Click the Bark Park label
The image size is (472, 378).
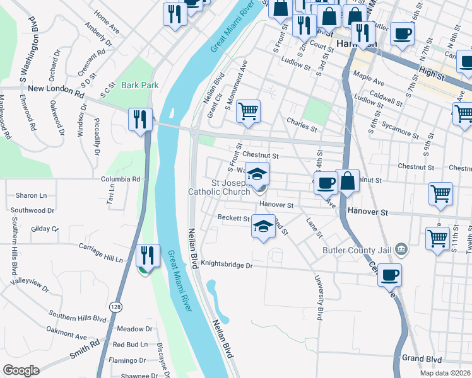pos(140,84)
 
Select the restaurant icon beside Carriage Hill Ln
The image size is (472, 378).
pos(147,255)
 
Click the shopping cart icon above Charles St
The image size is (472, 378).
pos(249,112)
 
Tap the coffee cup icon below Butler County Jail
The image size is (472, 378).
pos(390,275)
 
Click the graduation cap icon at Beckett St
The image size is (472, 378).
pos(263,227)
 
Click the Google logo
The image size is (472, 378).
pos(21,370)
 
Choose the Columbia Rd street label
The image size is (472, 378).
pos(121,179)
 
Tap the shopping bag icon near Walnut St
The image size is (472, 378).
pos(347,181)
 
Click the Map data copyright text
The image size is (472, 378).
pos(445,373)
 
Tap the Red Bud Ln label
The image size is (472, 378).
pos(129,345)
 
